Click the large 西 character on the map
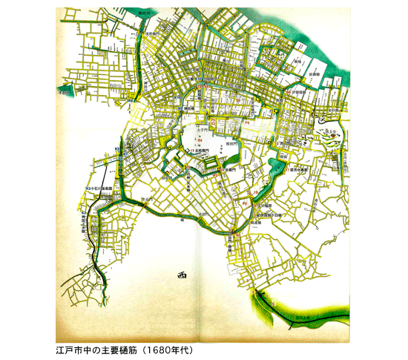click(x=182, y=274)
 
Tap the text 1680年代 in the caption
click(x=168, y=347)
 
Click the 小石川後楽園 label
click(x=104, y=190)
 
